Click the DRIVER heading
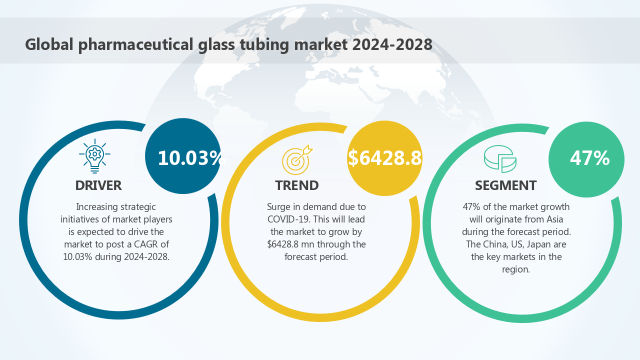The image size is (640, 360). [x=98, y=185]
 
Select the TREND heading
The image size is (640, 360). [x=296, y=185]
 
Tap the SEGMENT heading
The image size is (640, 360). [x=505, y=185]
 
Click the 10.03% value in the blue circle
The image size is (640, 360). [x=190, y=158]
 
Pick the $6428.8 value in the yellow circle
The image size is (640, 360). [x=384, y=158]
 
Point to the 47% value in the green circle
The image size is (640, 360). [x=589, y=158]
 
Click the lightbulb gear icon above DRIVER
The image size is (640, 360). [x=94, y=156]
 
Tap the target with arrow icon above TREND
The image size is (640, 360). [x=297, y=158]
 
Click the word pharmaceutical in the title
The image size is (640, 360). [x=134, y=44]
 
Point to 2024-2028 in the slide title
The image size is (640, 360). [x=392, y=44]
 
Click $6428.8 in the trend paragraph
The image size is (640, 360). [x=283, y=244]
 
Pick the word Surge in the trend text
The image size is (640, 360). [x=277, y=207]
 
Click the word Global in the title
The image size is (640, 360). [x=49, y=44]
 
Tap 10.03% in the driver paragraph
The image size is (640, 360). [x=77, y=257]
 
